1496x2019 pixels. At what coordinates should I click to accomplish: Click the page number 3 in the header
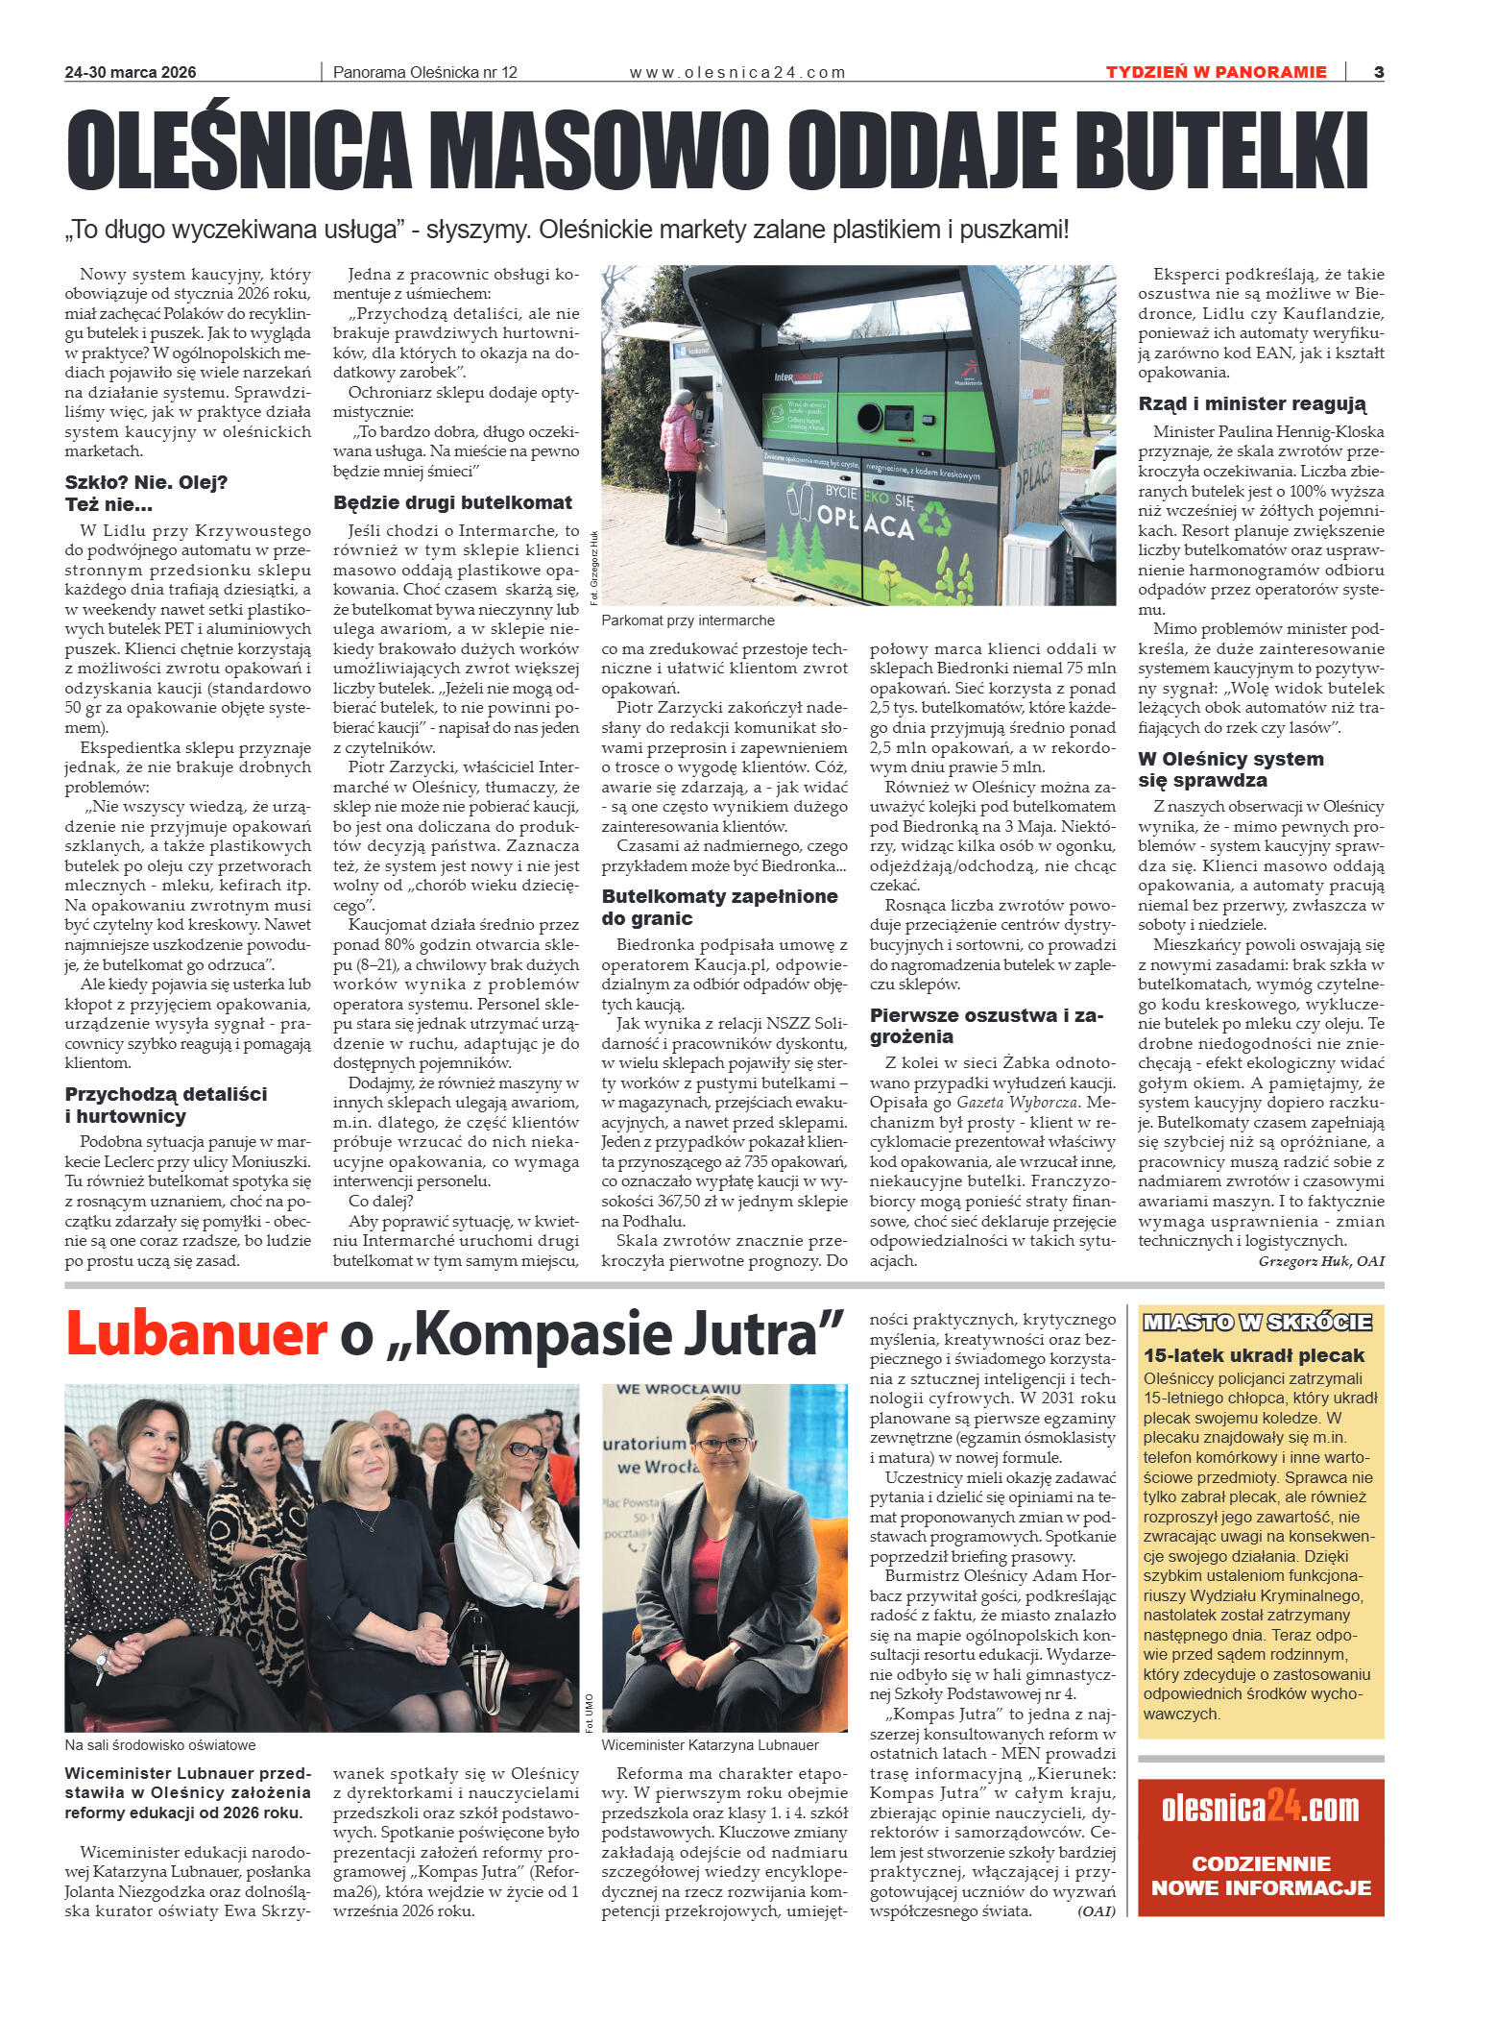tap(1378, 72)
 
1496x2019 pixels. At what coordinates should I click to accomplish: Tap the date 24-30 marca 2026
tap(131, 73)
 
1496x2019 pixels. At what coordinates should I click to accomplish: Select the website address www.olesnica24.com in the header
tap(736, 73)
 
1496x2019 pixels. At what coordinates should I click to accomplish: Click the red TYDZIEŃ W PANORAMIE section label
tap(1216, 72)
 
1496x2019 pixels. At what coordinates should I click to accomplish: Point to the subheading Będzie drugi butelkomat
tap(452, 502)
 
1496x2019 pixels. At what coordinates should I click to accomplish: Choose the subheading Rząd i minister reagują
tap(1251, 403)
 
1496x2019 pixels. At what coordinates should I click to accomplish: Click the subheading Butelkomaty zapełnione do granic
tap(719, 907)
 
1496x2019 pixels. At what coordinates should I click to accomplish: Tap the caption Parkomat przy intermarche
tap(688, 620)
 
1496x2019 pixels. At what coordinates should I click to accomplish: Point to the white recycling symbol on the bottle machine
tap(932, 518)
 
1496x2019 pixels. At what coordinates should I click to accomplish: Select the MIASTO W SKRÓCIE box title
tap(1257, 1323)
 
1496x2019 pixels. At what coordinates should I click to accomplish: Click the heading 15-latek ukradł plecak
tap(1253, 1355)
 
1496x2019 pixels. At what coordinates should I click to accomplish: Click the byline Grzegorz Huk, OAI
tap(1321, 1261)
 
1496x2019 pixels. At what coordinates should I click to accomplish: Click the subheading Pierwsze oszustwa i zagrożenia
tap(986, 1026)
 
